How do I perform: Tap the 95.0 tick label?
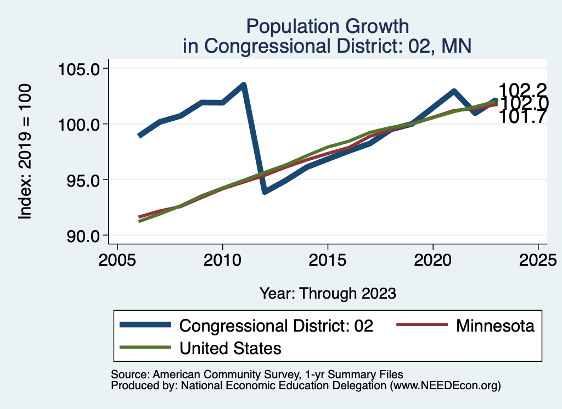[82, 180]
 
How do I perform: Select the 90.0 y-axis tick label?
[82, 236]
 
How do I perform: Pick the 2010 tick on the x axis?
[222, 259]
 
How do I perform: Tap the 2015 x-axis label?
[328, 259]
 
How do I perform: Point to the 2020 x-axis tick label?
[433, 259]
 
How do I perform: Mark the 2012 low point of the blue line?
[265, 192]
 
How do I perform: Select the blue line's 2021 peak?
[454, 92]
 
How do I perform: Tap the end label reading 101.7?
[522, 116]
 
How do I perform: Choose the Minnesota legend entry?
[494, 326]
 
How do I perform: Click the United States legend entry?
[231, 348]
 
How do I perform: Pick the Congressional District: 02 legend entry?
[277, 326]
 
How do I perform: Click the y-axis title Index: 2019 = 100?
[25, 152]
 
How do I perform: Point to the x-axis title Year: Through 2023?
[328, 293]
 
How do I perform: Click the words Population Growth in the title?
[328, 26]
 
